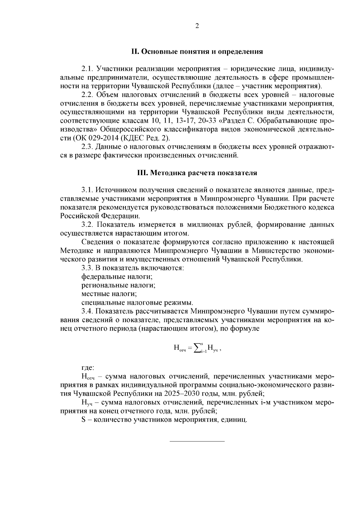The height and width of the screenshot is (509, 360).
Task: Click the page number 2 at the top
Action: [197, 26]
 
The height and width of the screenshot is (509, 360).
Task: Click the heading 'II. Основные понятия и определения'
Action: [197, 52]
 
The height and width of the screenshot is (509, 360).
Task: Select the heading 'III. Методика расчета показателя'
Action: [197, 173]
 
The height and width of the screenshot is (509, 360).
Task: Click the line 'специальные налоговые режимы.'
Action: [137, 303]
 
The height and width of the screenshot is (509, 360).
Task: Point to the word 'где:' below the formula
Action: [88, 368]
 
